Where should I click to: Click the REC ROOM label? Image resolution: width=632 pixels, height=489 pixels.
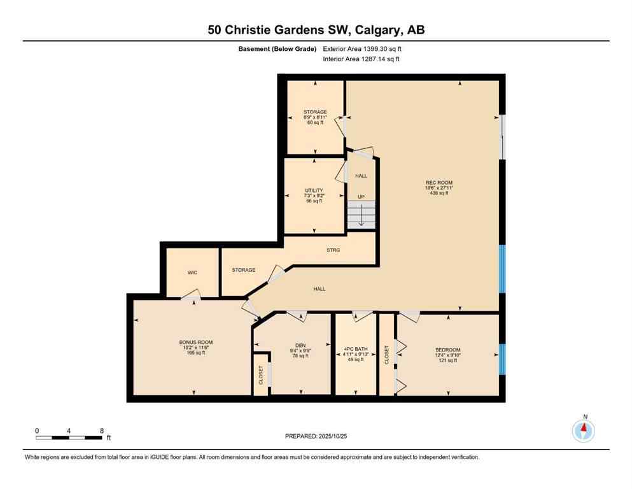pos(439,182)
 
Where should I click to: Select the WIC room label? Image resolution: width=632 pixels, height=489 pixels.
pos(192,273)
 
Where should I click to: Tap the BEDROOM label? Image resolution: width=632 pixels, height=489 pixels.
pos(447,350)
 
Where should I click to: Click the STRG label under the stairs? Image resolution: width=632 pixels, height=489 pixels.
pos(333,250)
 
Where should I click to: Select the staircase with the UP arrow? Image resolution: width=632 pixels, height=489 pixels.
pos(361,213)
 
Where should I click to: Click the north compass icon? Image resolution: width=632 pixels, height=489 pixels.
pos(583,430)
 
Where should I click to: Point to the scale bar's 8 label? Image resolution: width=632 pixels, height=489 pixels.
pos(102,430)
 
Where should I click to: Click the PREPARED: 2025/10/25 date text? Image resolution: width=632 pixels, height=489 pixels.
pos(316,436)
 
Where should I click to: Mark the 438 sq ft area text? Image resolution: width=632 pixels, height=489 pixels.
pos(439,193)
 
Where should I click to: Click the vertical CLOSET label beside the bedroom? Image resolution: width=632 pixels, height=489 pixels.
pos(387,355)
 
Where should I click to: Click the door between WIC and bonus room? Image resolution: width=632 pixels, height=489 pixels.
pos(190,294)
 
